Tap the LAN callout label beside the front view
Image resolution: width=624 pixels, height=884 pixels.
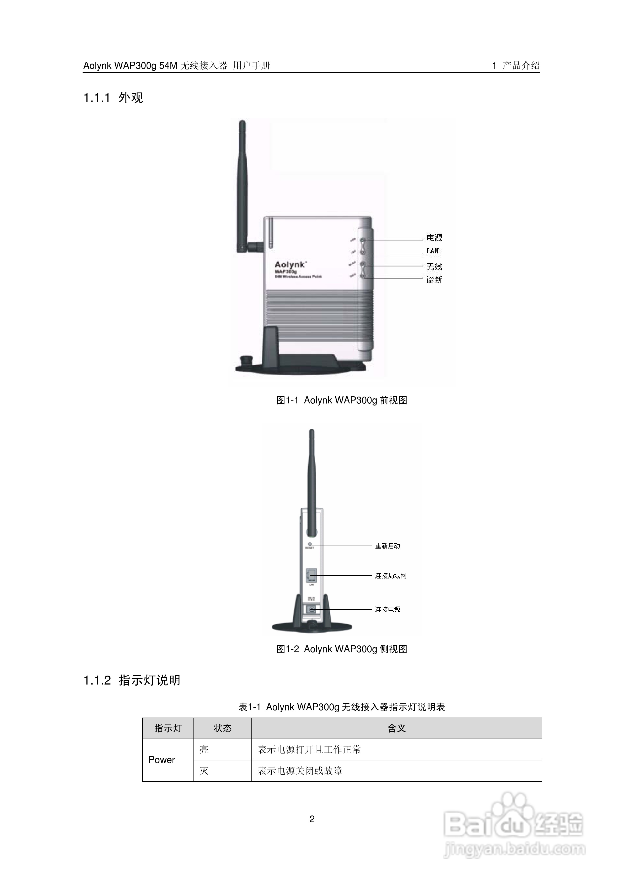pyautogui.click(x=432, y=251)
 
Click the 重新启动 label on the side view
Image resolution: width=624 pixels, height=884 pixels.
pyautogui.click(x=388, y=546)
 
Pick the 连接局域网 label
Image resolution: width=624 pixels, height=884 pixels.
pyautogui.click(x=390, y=576)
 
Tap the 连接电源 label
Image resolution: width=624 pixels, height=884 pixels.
pyautogui.click(x=388, y=609)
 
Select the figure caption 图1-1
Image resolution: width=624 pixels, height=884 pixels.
pyautogui.click(x=342, y=401)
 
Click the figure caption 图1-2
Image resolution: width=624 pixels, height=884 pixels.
pyautogui.click(x=342, y=649)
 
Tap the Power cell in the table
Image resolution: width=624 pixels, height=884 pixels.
pyautogui.click(x=162, y=760)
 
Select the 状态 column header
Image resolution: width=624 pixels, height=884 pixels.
pyautogui.click(x=222, y=728)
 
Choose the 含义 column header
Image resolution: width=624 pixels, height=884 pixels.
pyautogui.click(x=397, y=728)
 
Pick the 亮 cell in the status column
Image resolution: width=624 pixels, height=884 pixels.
pyautogui.click(x=204, y=749)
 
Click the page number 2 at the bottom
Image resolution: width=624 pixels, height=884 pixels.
pyautogui.click(x=312, y=819)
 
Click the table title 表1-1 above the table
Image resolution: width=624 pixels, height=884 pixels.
pyautogui.click(x=342, y=707)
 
